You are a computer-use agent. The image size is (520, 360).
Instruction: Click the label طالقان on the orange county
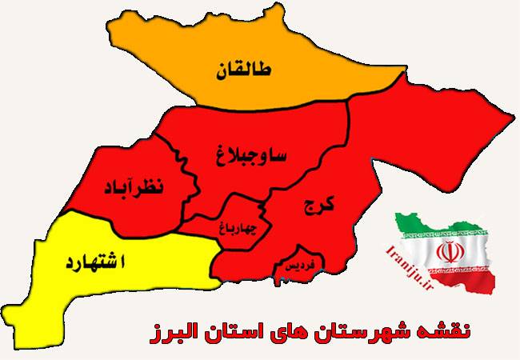coord(243,73)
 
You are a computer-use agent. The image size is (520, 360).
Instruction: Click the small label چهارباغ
coord(238,226)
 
